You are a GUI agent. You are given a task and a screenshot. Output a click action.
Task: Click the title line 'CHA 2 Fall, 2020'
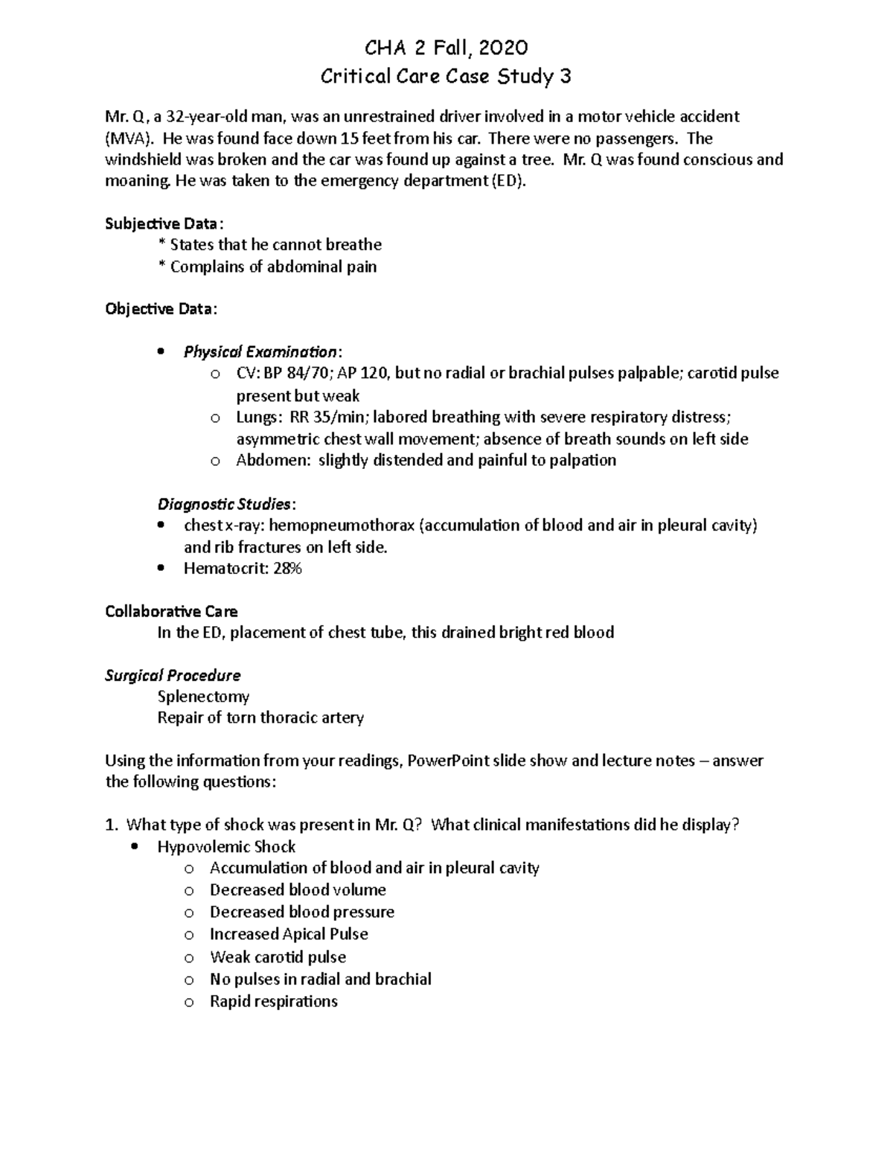[446, 48]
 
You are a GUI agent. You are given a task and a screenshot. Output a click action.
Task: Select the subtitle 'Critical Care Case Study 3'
[446, 76]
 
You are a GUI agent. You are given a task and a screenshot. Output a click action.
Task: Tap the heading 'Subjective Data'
[161, 223]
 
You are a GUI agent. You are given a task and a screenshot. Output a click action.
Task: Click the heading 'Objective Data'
[160, 309]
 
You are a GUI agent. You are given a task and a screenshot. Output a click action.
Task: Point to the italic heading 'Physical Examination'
[260, 351]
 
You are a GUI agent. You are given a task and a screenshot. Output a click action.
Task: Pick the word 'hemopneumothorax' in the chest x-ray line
[342, 526]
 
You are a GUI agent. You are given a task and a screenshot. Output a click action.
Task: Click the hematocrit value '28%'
[287, 569]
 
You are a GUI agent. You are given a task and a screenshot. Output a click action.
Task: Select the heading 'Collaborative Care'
[171, 611]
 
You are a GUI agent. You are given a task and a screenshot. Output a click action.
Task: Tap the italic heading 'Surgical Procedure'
[173, 675]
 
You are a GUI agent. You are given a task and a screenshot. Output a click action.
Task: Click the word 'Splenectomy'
[203, 697]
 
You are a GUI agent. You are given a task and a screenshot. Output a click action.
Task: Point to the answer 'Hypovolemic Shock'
[226, 846]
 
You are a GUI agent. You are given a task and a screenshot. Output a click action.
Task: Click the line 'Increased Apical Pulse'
[289, 933]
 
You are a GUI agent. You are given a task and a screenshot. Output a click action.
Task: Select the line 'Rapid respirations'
[274, 1001]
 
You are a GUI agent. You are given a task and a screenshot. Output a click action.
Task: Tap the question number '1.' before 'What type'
[112, 825]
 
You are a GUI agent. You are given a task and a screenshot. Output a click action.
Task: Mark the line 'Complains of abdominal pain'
[273, 266]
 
